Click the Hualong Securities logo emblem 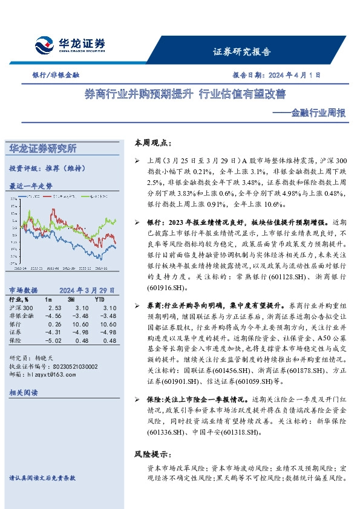[x=45, y=46]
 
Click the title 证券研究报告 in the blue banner [x=242, y=52]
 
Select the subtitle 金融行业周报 [x=315, y=112]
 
